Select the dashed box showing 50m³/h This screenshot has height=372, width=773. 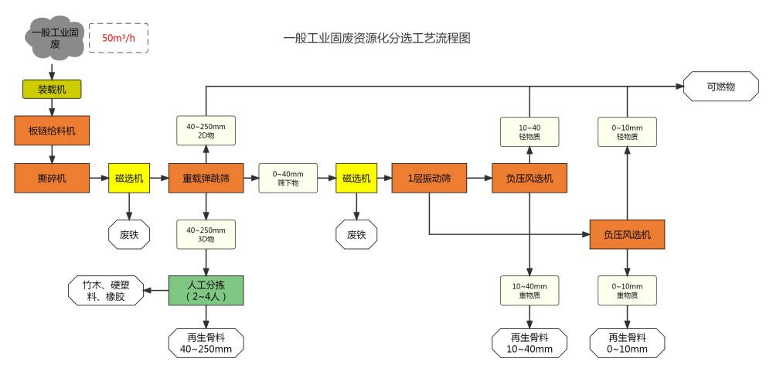(118, 38)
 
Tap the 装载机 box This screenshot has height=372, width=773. (51, 89)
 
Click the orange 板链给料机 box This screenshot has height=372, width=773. (52, 130)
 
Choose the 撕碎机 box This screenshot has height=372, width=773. (52, 179)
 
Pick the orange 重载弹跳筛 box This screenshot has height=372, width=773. (206, 179)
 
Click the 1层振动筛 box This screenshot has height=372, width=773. (429, 179)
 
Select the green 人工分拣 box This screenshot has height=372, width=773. (206, 290)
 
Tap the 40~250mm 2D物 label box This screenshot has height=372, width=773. (206, 130)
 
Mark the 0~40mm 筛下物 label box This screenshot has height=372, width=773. (288, 179)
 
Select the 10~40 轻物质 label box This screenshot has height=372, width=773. (530, 131)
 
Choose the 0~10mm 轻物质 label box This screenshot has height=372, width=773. (627, 131)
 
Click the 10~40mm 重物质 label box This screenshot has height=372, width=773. (530, 290)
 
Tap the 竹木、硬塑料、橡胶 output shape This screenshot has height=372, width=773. (107, 290)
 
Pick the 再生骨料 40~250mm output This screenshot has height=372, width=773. (206, 343)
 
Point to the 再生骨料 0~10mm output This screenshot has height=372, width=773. (627, 343)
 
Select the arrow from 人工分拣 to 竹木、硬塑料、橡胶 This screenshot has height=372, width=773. (158, 290)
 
